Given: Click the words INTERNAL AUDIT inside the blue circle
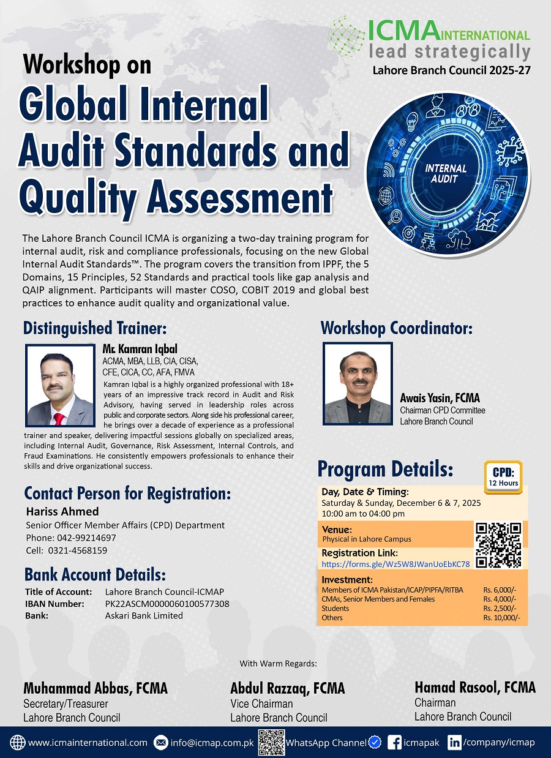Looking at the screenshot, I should tap(446, 173).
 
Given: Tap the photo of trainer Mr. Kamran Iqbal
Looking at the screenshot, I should tap(61, 385).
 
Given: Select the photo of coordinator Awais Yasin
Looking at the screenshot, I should tap(358, 383).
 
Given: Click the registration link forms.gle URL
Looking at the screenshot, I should tap(395, 564).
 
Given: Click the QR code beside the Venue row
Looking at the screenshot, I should tap(499, 544).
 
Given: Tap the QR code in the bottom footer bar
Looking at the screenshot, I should tap(271, 743).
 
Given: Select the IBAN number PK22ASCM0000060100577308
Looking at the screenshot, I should tap(167, 604).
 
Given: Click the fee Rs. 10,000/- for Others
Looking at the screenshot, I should tap(501, 618).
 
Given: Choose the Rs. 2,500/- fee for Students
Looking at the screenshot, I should tap(499, 609).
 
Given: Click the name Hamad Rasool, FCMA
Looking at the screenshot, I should tap(474, 688).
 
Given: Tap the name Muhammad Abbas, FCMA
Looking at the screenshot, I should tap(95, 688).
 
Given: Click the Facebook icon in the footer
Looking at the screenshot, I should tap(395, 743).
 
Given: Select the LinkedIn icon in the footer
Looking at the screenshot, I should tap(454, 743).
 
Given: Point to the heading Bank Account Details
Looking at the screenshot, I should tap(95, 575).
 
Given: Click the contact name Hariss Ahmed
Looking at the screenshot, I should tap(62, 511).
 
